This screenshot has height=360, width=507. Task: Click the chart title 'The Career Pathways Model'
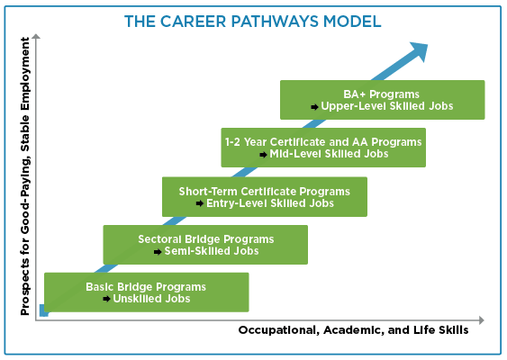click(x=254, y=22)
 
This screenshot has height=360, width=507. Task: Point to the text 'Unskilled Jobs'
click(x=151, y=299)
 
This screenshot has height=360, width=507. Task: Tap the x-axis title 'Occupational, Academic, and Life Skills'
click(x=353, y=330)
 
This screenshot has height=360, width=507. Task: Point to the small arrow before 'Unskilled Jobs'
click(x=106, y=299)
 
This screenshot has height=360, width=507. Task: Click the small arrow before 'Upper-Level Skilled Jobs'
click(x=314, y=106)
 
